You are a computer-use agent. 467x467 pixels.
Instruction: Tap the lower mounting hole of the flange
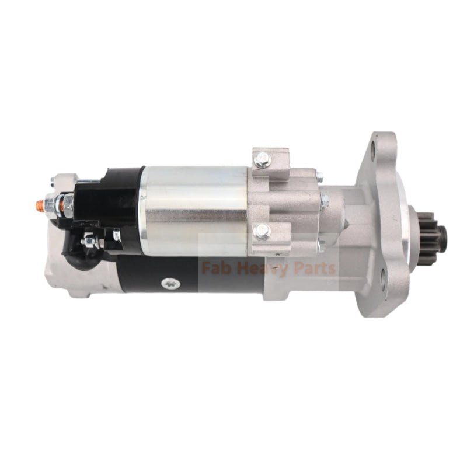point(382,285)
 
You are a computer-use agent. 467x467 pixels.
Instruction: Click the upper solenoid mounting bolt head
point(263,158)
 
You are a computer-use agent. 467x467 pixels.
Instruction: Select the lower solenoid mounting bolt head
point(261,232)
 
